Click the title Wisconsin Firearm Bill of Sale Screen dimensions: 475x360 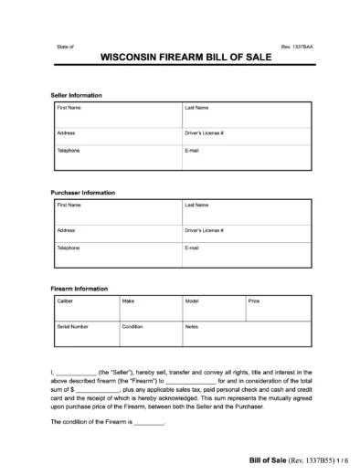(x=180, y=56)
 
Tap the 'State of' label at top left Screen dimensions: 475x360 (x=64, y=44)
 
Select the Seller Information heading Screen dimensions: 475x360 (x=76, y=95)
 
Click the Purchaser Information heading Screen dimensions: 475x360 (x=82, y=193)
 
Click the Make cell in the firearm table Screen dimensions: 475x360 (x=149, y=306)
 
